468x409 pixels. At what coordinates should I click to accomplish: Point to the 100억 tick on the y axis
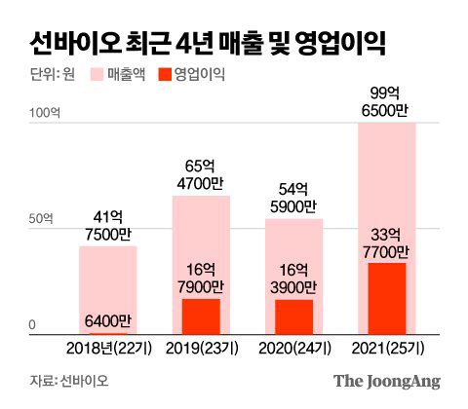[43, 114]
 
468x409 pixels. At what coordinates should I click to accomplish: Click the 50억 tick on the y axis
[40, 218]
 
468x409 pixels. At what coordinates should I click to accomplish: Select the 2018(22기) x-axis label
[107, 348]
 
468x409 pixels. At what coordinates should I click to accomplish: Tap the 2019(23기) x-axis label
[201, 348]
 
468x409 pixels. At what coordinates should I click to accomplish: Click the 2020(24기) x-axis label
[294, 348]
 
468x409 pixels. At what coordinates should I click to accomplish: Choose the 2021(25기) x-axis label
[388, 348]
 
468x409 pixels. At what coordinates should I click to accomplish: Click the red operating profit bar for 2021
[388, 298]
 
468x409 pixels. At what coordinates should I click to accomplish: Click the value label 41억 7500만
[107, 226]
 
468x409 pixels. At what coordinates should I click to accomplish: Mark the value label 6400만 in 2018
[107, 320]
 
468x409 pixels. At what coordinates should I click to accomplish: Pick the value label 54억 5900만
[294, 198]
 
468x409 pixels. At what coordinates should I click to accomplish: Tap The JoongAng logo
[387, 382]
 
